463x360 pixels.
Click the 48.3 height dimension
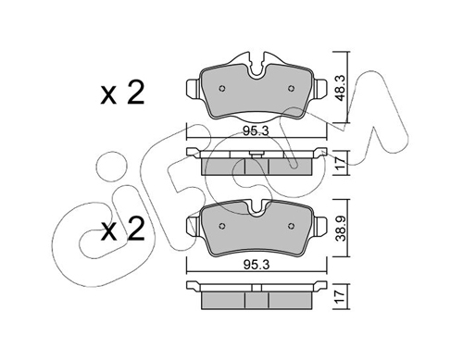tap(340, 88)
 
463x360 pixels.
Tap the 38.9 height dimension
tap(340, 229)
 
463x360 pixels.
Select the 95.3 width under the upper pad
tap(256, 131)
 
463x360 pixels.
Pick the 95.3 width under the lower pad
tap(257, 265)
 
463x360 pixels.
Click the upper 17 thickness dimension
tap(340, 163)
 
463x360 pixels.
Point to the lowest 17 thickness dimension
tap(340, 297)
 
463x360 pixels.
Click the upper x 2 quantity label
tap(122, 93)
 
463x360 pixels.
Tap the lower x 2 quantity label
tap(122, 230)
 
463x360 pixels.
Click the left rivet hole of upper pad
tap(221, 89)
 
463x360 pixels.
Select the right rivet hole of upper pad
tap(291, 89)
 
